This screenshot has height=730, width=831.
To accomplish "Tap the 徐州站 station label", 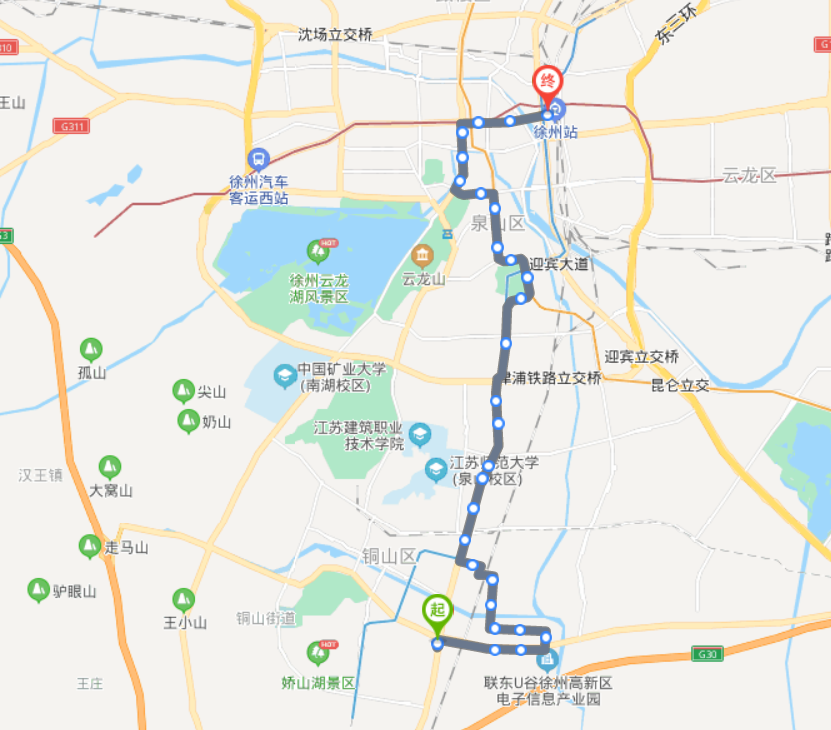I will tap(555, 131).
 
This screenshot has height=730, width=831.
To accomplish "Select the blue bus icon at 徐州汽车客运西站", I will tap(258, 159).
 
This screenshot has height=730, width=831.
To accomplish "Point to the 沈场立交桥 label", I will tap(335, 34).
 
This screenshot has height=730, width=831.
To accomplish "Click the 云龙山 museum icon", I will tap(421, 255).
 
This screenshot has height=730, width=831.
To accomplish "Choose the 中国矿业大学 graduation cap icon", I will tap(285, 377).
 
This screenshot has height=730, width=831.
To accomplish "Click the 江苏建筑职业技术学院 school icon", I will tap(420, 435).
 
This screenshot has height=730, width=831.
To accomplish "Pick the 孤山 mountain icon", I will tap(91, 350).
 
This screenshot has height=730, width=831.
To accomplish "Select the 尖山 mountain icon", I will tap(183, 391).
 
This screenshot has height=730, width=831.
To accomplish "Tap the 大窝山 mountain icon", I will tap(109, 467).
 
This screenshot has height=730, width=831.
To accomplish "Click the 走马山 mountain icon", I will tap(90, 546).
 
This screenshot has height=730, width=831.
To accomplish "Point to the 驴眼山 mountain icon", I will tap(39, 590).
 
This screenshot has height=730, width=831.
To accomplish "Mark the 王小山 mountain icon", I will tap(183, 600).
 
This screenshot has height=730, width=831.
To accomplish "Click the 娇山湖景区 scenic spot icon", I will tap(319, 653).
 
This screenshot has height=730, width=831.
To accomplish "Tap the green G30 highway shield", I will tap(707, 654).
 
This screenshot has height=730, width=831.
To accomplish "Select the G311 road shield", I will tap(73, 126).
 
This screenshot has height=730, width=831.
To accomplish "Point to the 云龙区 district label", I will tap(749, 176).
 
